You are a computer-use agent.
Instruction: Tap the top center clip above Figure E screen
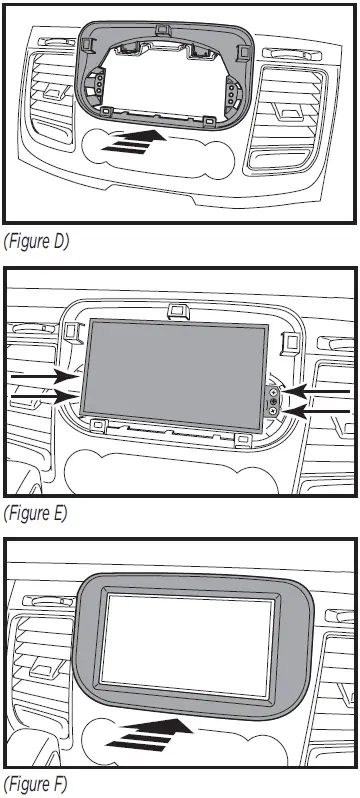(180, 312)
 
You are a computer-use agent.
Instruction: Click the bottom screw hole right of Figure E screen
(272, 410)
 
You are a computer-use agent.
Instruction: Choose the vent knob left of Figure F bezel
(45, 667)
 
